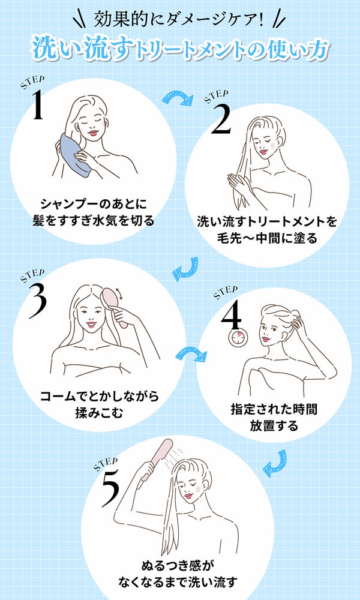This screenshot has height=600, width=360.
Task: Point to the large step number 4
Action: click(231, 313)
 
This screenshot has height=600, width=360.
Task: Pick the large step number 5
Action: click(110, 487)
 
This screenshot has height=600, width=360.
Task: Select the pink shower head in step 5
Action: click(157, 459)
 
